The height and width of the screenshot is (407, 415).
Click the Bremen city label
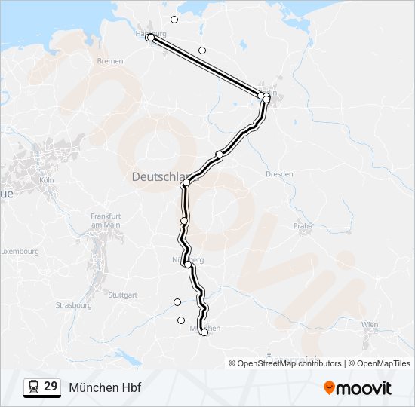pos(109,60)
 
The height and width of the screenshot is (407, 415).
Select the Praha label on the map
pos(303,225)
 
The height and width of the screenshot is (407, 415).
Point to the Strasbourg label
pos(74,305)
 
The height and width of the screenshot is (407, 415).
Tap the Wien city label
pos(370,324)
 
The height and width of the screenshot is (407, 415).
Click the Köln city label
pos(47,181)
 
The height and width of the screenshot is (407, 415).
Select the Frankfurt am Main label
pos(106,219)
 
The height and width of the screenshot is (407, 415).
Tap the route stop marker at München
pos(204,332)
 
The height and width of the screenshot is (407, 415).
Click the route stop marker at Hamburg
pos(150,37)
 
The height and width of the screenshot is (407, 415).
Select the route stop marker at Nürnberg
pos(187,265)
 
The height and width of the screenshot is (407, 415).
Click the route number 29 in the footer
pos(51,386)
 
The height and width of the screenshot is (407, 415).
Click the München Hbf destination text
pos(105,387)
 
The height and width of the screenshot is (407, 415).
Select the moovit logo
pos(358,387)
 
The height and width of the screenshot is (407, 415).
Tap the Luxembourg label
pos(20,251)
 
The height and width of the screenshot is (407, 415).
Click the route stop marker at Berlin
pos(266,98)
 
